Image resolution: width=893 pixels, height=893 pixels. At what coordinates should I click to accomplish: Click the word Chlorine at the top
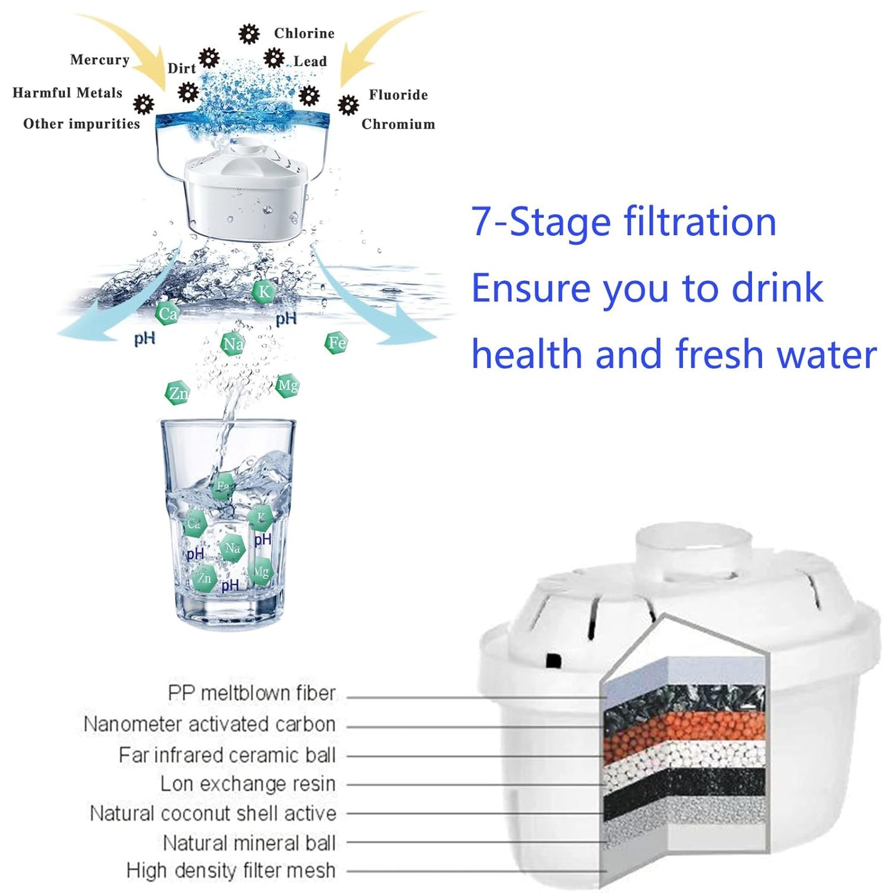pyautogui.click(x=304, y=33)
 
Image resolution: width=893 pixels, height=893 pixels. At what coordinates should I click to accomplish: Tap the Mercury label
pyautogui.click(x=99, y=60)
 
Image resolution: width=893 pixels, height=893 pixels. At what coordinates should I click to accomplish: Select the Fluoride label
pyautogui.click(x=398, y=95)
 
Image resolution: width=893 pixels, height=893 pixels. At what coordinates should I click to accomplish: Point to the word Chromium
pyautogui.click(x=398, y=124)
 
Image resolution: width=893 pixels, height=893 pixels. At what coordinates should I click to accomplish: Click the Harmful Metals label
pyautogui.click(x=67, y=93)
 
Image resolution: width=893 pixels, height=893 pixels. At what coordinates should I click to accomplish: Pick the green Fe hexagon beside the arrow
pyautogui.click(x=336, y=342)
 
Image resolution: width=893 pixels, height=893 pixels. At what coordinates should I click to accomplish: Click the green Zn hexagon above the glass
pyautogui.click(x=177, y=393)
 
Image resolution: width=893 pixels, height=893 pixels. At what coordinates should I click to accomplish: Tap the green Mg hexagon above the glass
pyautogui.click(x=287, y=386)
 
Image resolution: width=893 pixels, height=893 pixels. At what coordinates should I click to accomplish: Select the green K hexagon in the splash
pyautogui.click(x=264, y=292)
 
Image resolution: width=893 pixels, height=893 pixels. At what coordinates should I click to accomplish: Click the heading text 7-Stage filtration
pyautogui.click(x=623, y=222)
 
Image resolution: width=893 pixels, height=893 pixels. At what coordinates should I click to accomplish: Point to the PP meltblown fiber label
pyautogui.click(x=252, y=693)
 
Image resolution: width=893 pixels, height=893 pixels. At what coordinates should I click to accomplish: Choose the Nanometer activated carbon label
pyautogui.click(x=209, y=724)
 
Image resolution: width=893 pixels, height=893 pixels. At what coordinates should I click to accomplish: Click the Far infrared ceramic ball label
pyautogui.click(x=227, y=755)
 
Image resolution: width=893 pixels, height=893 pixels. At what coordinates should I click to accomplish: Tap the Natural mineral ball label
pyautogui.click(x=249, y=843)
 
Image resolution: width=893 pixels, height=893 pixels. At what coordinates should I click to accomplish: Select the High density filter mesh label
pyautogui.click(x=231, y=871)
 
